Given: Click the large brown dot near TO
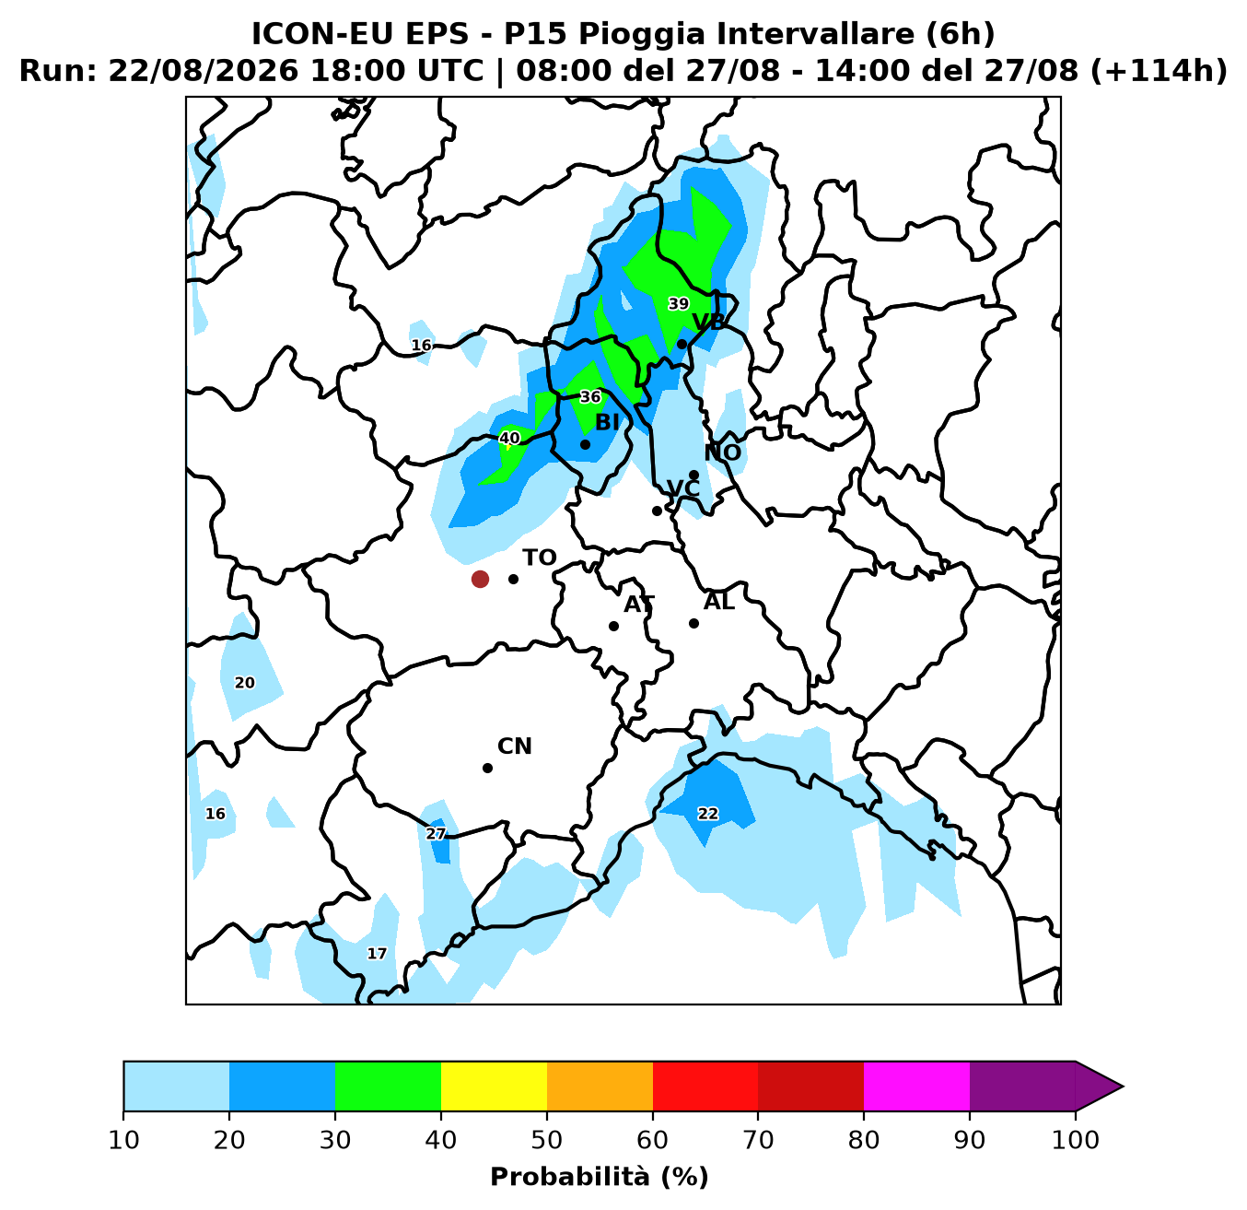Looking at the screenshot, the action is coord(480,579).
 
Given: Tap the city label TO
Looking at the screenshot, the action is coord(540,558).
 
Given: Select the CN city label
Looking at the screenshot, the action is coord(515,746).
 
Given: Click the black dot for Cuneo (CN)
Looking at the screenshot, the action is coord(487,769).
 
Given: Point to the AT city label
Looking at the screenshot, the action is coord(639,604).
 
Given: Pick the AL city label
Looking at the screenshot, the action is coord(718,602).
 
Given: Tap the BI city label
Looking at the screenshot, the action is coord(607,423).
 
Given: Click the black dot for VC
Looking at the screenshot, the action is coord(657,511).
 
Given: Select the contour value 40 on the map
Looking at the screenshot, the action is coord(509,438).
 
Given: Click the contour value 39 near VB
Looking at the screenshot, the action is coord(678,304).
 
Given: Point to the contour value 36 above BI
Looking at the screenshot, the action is coord(590,397).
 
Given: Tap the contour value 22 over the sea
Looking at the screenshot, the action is coord(707,814).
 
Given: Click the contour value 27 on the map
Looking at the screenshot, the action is coord(436,834).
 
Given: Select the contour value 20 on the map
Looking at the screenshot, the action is coord(244,683).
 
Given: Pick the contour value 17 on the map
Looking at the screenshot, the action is coord(377,954).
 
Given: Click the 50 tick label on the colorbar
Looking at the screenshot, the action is coord(547,1140).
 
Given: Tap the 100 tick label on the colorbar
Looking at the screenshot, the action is coord(1076,1140).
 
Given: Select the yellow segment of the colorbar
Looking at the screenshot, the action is coord(494,1087).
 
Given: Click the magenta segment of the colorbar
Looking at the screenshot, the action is coord(917,1087).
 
